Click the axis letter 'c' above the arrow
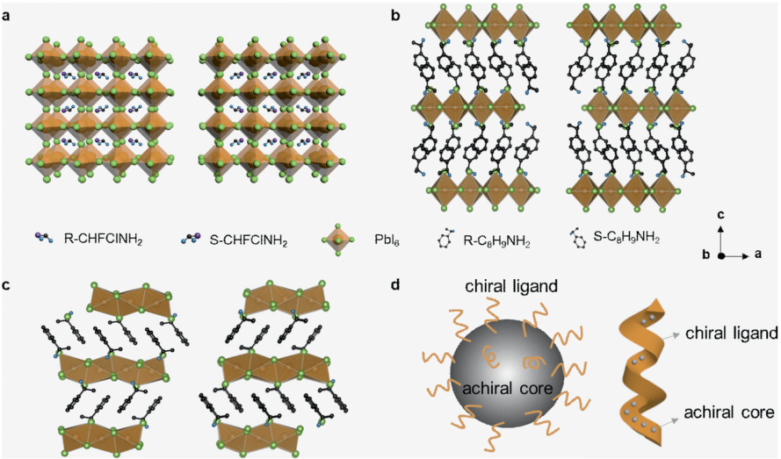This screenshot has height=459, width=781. tap(721, 215)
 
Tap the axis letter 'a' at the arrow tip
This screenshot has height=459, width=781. tap(758, 256)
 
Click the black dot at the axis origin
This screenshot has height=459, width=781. tap(721, 256)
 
